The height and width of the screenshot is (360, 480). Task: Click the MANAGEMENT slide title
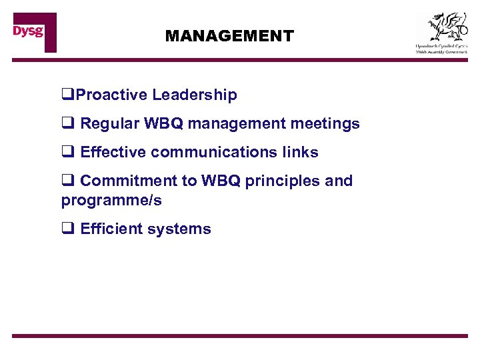pos(229,36)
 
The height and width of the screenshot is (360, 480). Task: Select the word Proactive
pos(111,95)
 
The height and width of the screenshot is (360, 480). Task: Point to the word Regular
pos(109,124)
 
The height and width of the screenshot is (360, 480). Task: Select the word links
pos(299,153)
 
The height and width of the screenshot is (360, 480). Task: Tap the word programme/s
pos(111,200)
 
